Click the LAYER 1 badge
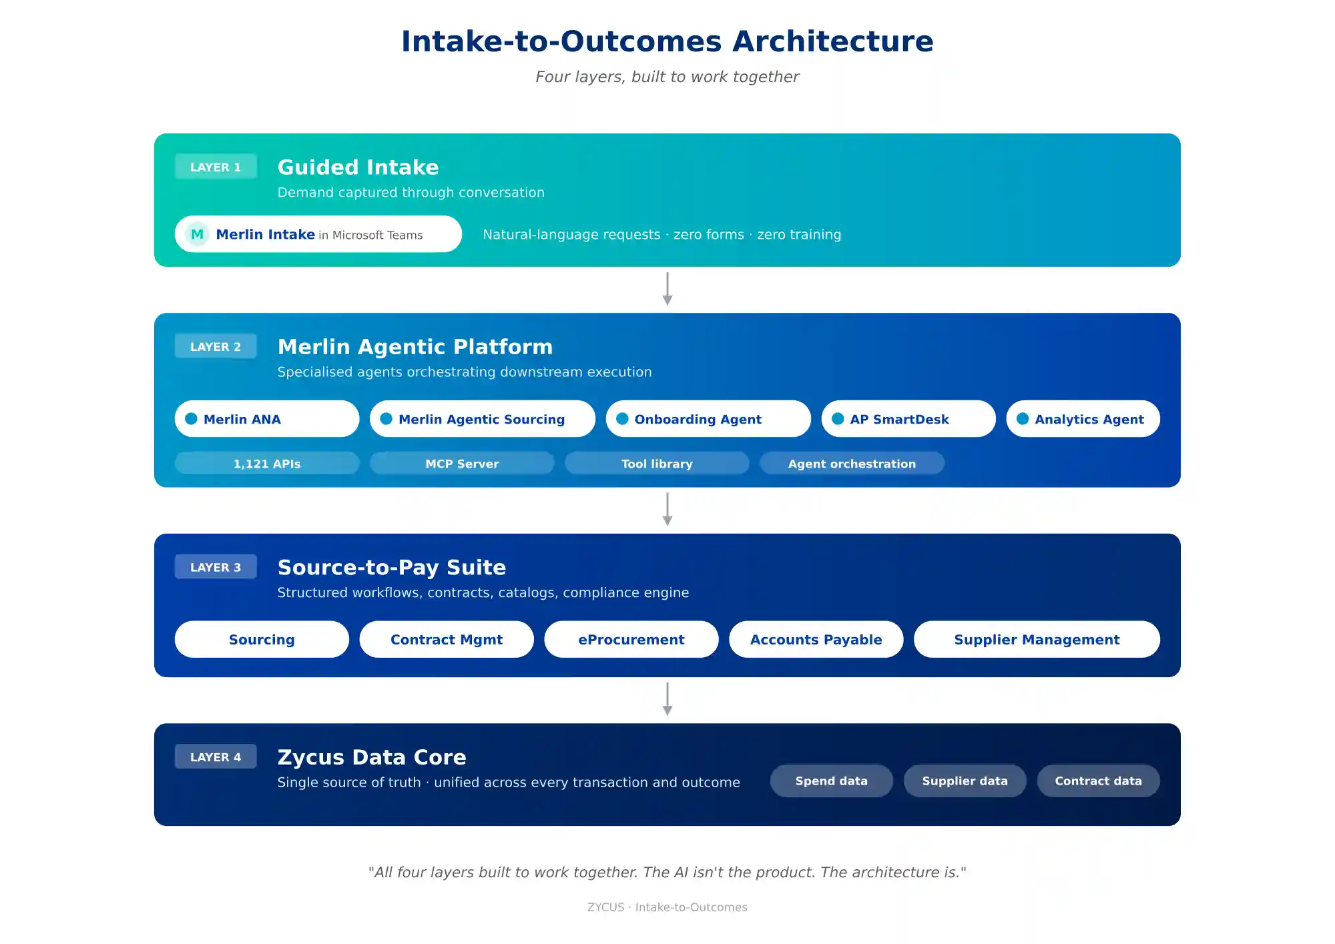[216, 167]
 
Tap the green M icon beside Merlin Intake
[197, 234]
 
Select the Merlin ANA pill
[266, 419]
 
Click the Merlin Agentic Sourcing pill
[482, 419]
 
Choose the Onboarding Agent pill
[708, 419]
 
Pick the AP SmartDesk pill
[908, 419]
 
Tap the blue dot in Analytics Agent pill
[1022, 419]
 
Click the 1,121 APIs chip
[266, 464]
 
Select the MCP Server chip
[462, 464]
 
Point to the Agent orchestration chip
[852, 464]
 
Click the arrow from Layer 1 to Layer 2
[667, 289]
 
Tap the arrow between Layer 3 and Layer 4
[667, 699]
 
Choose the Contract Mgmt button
[446, 639]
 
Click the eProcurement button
[631, 639]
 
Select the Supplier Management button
[1036, 639]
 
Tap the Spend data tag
[831, 781]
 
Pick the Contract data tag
[1098, 781]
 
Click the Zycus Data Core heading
[372, 757]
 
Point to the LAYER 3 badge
[216, 567]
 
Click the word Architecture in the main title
[832, 41]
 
